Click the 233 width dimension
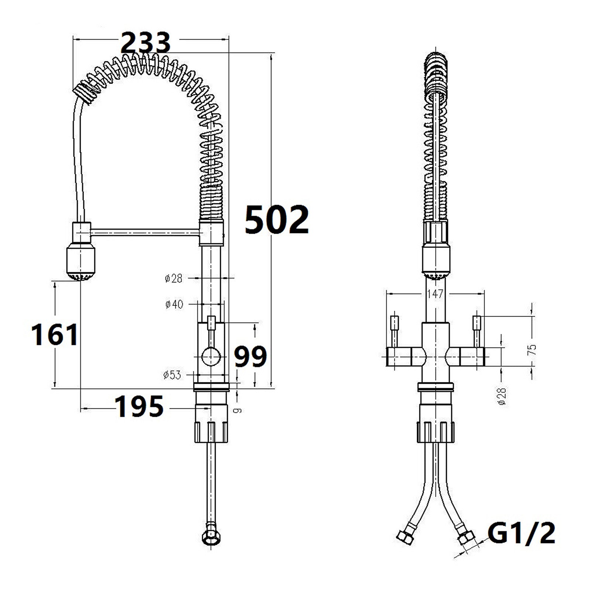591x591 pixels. coord(146,42)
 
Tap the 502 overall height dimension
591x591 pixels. coord(277,220)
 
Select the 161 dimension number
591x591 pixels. coord(55,334)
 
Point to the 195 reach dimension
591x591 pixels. coord(140,406)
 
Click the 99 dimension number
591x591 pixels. coord(250,356)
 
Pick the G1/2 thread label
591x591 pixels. coord(521,533)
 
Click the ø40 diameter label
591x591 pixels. coord(174,304)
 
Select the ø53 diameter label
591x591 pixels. coord(172,375)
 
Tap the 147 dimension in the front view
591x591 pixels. coord(435,294)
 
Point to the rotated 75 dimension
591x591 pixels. coord(532,349)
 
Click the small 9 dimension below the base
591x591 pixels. coord(239,410)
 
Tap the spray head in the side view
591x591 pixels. coord(81,262)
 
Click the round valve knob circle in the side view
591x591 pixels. coord(211,357)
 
